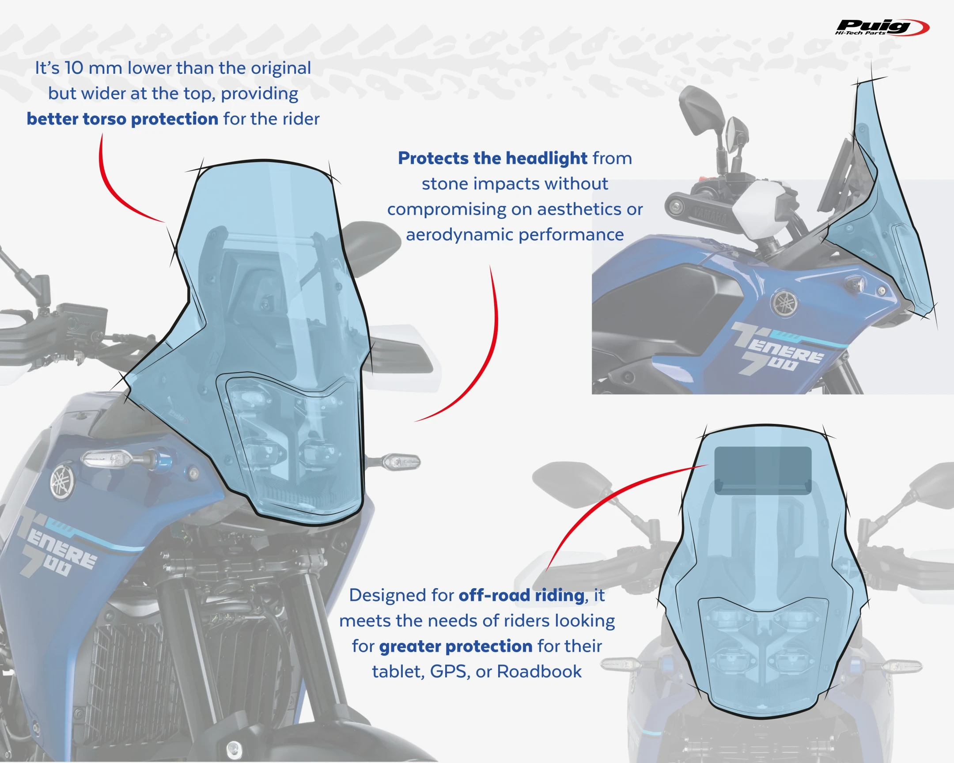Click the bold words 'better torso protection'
(x=122, y=119)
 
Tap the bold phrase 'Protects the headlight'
(x=492, y=159)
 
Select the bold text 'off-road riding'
(x=521, y=595)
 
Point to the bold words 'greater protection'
(x=456, y=646)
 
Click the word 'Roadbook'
(x=539, y=672)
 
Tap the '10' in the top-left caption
(x=73, y=68)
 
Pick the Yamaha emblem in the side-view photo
(x=784, y=303)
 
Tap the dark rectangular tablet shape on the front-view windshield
(x=763, y=470)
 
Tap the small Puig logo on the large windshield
(x=178, y=416)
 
